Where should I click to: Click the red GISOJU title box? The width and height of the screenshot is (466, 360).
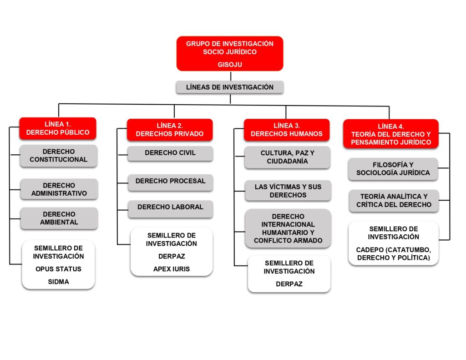click(230, 54)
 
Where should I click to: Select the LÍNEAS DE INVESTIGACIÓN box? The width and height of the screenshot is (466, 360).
click(230, 87)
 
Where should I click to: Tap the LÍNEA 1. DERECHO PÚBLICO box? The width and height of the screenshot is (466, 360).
click(58, 128)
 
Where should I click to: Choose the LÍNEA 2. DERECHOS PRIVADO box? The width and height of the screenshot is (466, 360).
click(170, 130)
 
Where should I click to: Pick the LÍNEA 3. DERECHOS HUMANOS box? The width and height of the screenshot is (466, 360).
click(287, 130)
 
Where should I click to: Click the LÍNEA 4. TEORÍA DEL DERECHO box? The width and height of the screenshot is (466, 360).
click(391, 134)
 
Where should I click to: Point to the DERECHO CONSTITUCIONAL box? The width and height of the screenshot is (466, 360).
click(59, 156)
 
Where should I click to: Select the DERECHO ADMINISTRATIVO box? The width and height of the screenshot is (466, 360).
click(59, 189)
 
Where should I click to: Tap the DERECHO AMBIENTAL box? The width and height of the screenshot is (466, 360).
click(59, 218)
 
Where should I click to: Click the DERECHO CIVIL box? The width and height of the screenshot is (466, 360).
click(170, 153)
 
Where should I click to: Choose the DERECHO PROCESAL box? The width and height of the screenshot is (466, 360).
click(170, 181)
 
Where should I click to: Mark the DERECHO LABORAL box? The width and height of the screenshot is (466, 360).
click(170, 207)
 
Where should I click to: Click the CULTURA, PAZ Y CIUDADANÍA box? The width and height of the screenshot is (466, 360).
click(287, 157)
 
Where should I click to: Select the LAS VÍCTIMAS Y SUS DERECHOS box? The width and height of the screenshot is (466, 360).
click(287, 191)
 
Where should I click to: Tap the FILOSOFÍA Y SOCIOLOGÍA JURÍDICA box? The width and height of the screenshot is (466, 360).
click(393, 169)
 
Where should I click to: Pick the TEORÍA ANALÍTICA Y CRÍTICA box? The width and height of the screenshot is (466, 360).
click(394, 201)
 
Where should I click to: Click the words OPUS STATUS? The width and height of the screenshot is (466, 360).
click(58, 269)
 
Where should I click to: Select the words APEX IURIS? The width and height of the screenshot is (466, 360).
click(172, 269)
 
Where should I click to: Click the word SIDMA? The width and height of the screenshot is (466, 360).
click(58, 282)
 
